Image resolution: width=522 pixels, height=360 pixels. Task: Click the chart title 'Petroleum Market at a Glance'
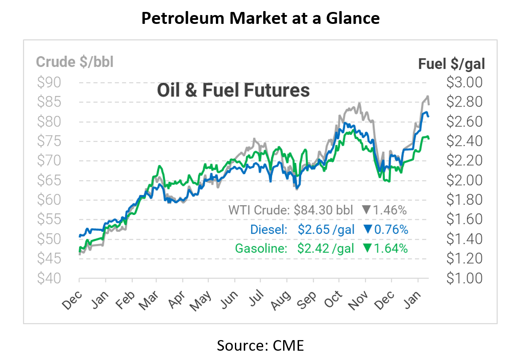tap(260, 18)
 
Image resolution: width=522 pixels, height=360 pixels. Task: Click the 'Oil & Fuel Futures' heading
tap(233, 90)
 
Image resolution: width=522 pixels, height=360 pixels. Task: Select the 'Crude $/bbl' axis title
tap(75, 62)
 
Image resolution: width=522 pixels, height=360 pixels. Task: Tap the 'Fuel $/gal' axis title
tap(452, 64)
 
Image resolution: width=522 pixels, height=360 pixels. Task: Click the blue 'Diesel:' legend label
tap(269, 230)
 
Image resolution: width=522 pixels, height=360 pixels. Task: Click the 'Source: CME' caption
tap(260, 345)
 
